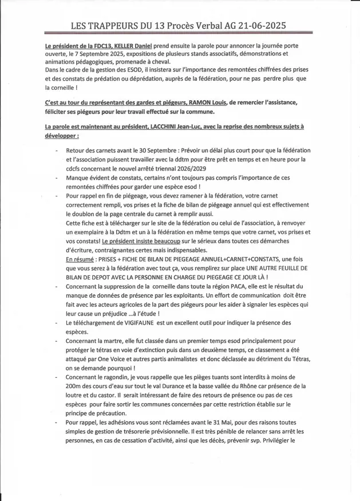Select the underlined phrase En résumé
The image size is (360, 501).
pyautogui.click(x=82, y=259)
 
